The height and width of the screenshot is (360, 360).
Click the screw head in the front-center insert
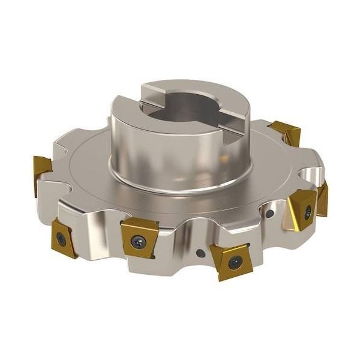point(139,241)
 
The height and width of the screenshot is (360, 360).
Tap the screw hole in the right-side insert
point(308,211)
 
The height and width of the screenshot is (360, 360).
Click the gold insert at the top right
point(284,133)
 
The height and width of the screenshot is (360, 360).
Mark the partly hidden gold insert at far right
point(323,200)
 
